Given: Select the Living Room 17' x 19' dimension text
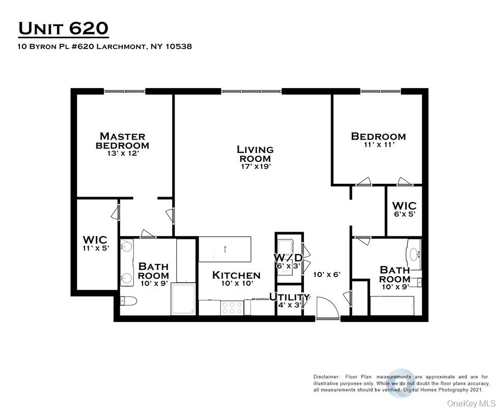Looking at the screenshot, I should click(x=255, y=166).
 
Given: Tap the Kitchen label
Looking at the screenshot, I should click(x=236, y=276).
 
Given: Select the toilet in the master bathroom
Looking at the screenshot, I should click(x=127, y=302).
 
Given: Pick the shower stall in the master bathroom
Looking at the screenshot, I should click(x=184, y=299).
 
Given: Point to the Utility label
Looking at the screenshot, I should click(x=289, y=297).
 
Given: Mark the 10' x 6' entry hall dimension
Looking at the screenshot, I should click(x=326, y=275).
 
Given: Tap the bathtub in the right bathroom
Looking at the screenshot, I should click(x=392, y=305).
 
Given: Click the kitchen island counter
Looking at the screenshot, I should click(x=225, y=249).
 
